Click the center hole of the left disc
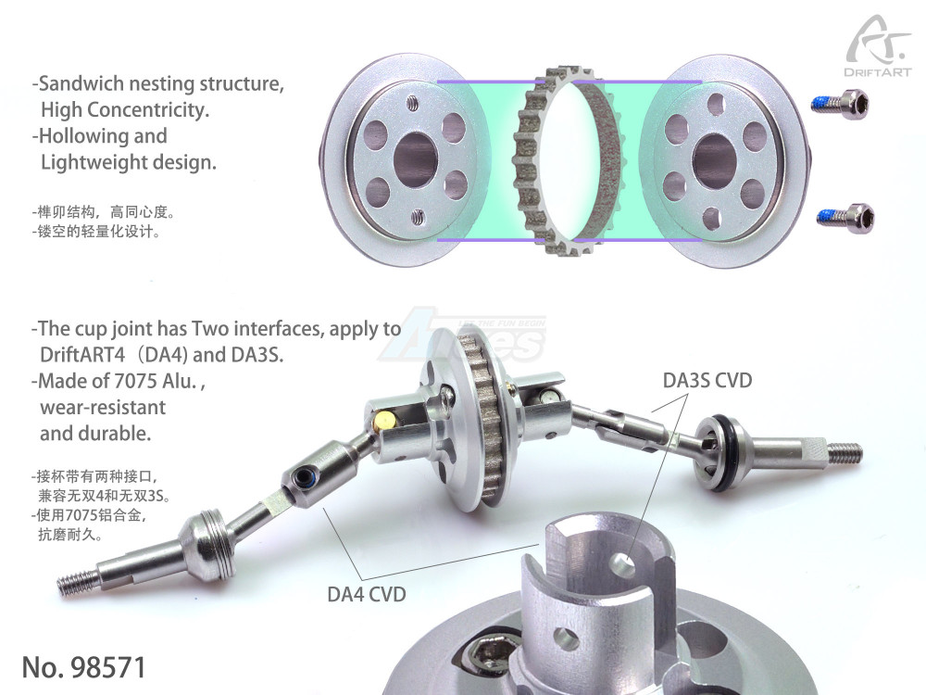pyautogui.click(x=416, y=159)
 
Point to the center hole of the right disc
pyautogui.click(x=713, y=160)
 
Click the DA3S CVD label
pyautogui.click(x=707, y=380)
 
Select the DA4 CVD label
pyautogui.click(x=367, y=594)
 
